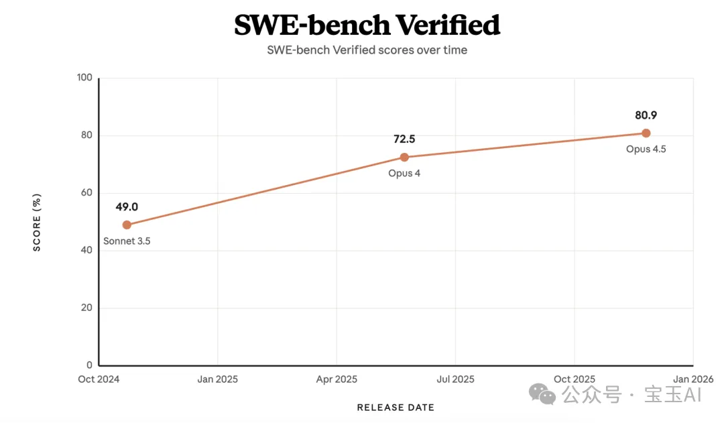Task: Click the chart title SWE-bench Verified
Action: point(367,25)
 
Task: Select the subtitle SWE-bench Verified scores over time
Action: point(367,50)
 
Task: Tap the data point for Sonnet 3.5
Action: point(127,225)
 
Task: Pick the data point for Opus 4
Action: point(404,158)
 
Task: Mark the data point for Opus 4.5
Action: point(646,133)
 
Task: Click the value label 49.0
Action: point(127,207)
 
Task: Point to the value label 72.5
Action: point(404,139)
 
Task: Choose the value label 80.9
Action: point(646,115)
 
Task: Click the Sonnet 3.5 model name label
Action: point(127,241)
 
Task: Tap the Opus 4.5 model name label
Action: point(646,149)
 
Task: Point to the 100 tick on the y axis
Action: point(84,78)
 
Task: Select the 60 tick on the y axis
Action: point(87,193)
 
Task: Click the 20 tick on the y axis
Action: point(87,308)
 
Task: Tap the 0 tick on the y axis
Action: point(90,366)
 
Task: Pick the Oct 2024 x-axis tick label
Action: point(99,379)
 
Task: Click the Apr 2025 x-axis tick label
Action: point(336,379)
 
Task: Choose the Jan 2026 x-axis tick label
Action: point(692,379)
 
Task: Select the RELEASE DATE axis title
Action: point(396,408)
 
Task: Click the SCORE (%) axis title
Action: point(38,222)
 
